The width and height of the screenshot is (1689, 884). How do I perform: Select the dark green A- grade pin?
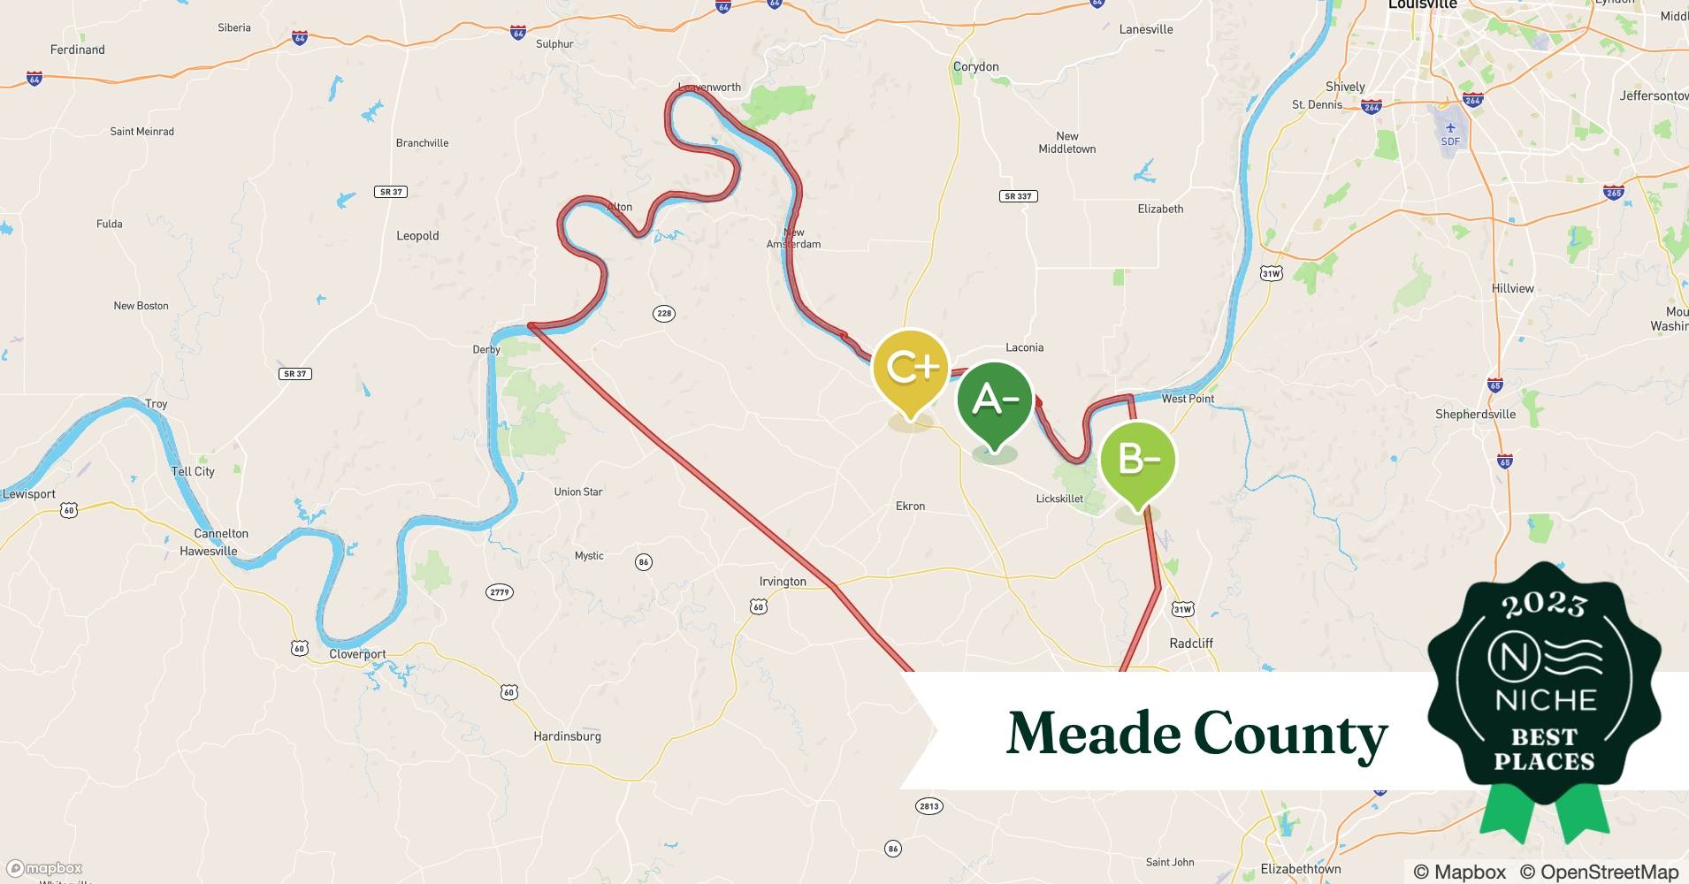coord(994,401)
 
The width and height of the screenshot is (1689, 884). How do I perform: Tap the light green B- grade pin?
coord(1137,460)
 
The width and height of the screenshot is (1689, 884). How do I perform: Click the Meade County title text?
coord(1196,734)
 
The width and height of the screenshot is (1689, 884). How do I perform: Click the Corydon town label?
coord(975,67)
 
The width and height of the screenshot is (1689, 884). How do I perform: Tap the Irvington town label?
coord(783,582)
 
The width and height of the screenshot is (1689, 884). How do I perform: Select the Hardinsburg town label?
coord(567,736)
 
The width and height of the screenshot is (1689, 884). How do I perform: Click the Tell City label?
coord(193,471)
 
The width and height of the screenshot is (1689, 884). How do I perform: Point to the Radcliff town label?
coord(1191,644)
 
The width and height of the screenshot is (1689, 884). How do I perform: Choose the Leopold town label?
coord(417,236)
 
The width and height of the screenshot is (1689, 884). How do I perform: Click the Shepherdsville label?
coord(1475,415)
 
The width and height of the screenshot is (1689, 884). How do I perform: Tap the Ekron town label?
coord(910,507)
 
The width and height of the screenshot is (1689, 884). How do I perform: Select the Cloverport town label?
coord(357,655)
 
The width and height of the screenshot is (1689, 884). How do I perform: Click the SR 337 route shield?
coord(1018,196)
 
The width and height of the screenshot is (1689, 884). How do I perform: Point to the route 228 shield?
coord(664,313)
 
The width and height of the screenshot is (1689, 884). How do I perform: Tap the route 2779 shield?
coord(500,592)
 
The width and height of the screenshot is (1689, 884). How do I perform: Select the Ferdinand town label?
coord(78,50)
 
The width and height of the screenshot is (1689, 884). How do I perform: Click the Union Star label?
coord(578,492)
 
